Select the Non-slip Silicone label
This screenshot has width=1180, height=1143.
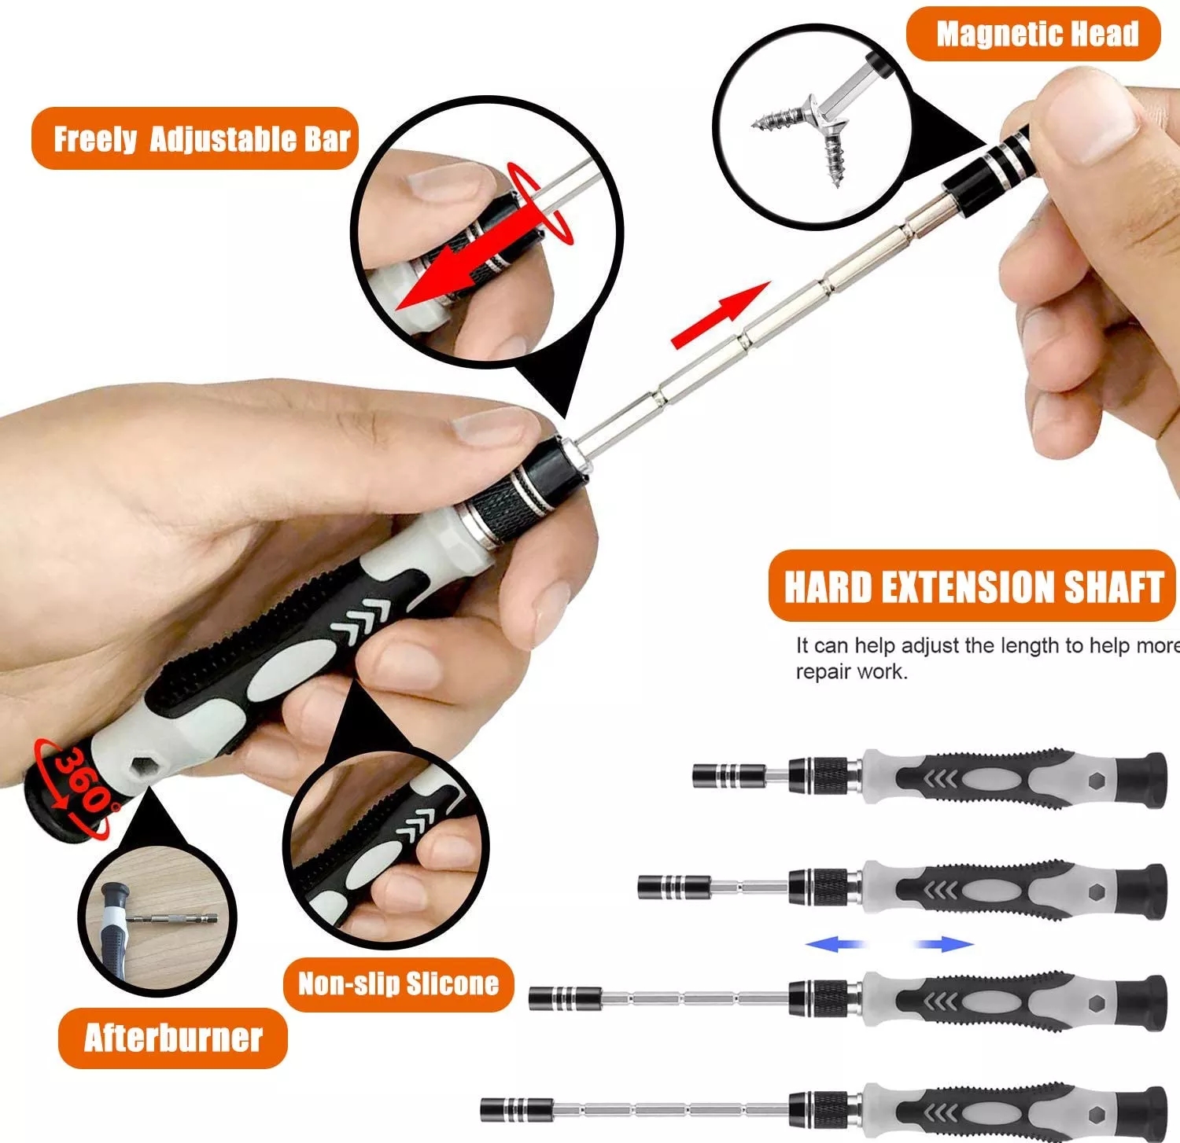[398, 983]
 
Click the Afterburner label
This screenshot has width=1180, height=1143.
[173, 1038]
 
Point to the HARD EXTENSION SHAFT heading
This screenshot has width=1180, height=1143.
[972, 586]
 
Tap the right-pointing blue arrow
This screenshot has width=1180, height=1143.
[944, 943]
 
